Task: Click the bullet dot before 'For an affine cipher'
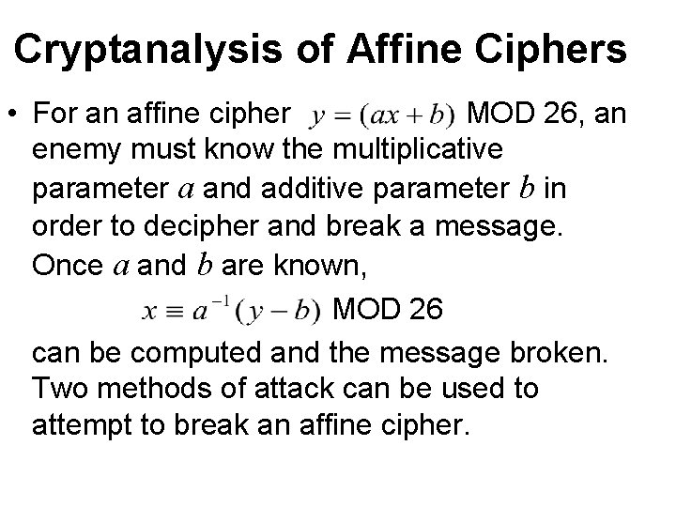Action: pyautogui.click(x=14, y=115)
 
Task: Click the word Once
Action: pyautogui.click(x=68, y=267)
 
